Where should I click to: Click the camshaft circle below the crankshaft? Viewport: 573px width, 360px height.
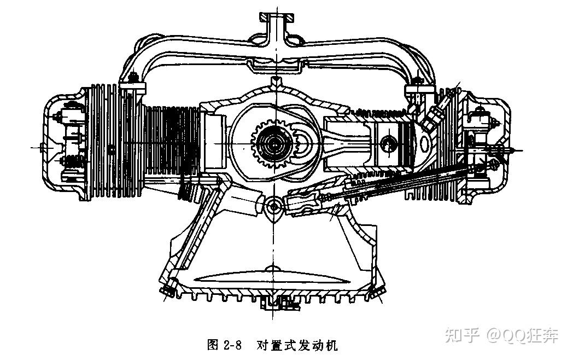coord(275,206)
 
